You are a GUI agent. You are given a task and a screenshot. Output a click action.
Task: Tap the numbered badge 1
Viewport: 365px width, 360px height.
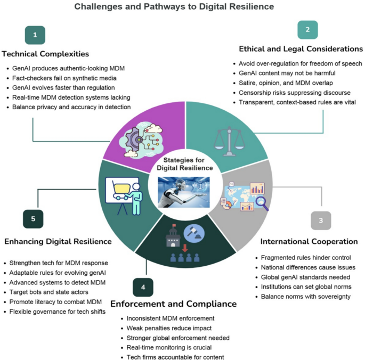click(35, 36)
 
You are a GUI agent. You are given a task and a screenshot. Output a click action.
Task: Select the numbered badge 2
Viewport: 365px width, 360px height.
click(307, 29)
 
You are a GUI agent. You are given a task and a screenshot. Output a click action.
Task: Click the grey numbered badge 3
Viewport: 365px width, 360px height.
click(321, 220)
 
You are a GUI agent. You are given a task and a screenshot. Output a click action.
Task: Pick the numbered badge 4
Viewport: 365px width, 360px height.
click(143, 288)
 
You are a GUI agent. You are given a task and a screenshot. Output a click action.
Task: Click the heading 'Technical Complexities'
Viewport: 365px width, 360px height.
click(45, 54)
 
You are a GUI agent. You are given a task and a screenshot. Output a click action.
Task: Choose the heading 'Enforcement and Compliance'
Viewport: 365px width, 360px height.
click(173, 304)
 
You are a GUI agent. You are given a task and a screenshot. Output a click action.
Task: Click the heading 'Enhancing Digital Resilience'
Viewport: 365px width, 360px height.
click(58, 241)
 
